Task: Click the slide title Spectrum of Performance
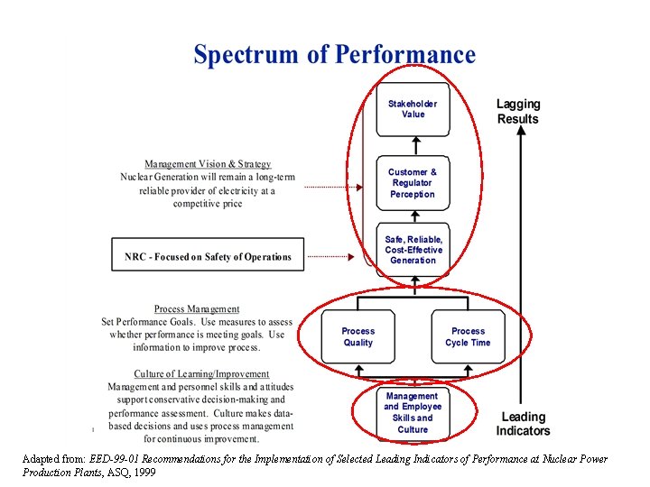334,55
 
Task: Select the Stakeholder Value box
413,109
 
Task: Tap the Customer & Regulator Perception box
412,183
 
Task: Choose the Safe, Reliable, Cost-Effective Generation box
413,250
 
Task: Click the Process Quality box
357,336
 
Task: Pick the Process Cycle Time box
468,336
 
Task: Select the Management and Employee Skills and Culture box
412,413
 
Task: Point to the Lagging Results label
518,112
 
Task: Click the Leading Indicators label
523,424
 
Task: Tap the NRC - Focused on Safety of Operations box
208,257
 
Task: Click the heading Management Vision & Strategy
208,164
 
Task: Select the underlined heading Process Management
197,309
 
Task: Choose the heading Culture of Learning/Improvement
201,373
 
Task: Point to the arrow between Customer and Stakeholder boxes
413,144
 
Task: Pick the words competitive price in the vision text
207,204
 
